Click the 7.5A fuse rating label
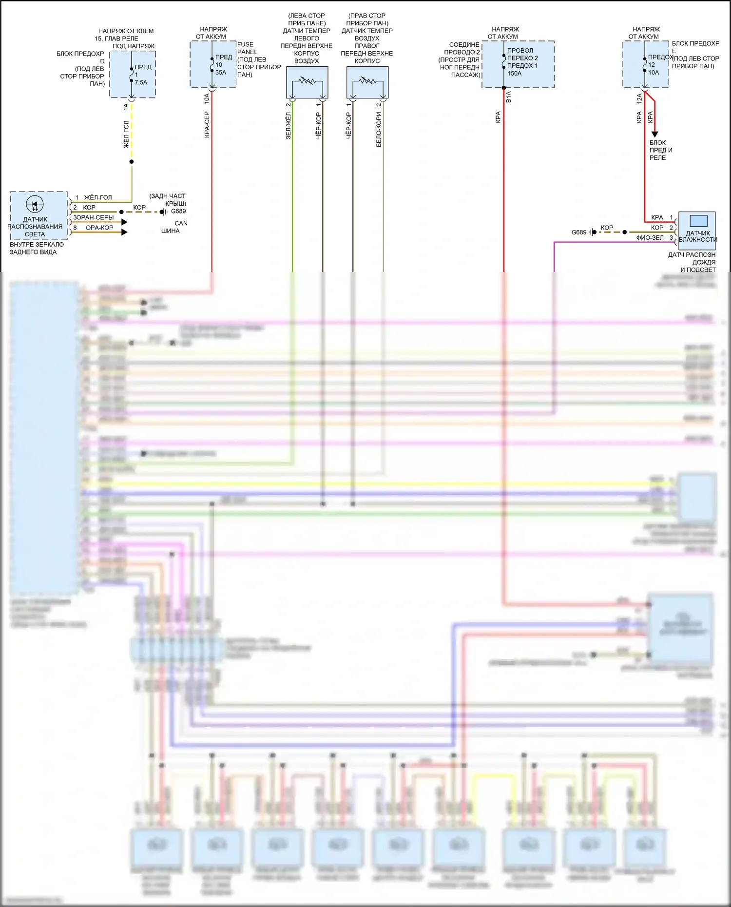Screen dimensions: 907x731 pos(141,82)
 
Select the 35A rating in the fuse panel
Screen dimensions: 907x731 pos(221,73)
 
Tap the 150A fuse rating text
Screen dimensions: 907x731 pos(514,74)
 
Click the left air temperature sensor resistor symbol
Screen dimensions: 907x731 pos(307,80)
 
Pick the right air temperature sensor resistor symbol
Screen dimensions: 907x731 pos(367,80)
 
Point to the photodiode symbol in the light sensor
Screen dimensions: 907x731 pos(35,204)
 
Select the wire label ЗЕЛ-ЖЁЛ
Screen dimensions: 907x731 pos(288,126)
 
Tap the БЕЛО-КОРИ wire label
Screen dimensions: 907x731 pos(379,129)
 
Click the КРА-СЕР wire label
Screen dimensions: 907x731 pos(207,125)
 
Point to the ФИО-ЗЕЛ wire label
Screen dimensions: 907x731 pos(650,238)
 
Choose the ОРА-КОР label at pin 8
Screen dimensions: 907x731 pos(99,228)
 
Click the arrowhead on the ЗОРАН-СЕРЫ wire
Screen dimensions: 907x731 pos(125,222)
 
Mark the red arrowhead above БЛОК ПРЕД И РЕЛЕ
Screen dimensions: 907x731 pos(654,134)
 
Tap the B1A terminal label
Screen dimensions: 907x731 pos(509,96)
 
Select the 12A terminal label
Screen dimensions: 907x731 pos(639,99)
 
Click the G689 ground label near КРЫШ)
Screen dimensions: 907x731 pos(178,211)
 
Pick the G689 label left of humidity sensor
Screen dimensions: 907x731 pos(579,232)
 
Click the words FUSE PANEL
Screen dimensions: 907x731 pos(247,48)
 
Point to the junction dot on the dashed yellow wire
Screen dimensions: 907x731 pos(132,161)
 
